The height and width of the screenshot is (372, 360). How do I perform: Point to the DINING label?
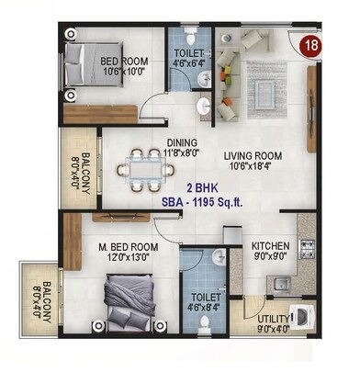click(181, 142)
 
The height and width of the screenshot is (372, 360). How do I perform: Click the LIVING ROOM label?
click(249, 154)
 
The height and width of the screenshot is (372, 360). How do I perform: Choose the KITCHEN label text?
click(271, 246)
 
